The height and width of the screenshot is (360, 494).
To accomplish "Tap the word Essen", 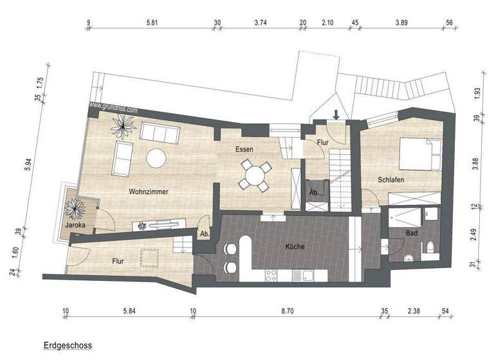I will pyautogui.click(x=244, y=149).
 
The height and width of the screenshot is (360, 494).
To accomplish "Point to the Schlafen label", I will pyautogui.click(x=390, y=180).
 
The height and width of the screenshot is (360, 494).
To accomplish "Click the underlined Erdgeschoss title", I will pyautogui.click(x=68, y=345).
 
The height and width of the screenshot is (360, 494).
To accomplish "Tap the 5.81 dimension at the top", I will pyautogui.click(x=152, y=22).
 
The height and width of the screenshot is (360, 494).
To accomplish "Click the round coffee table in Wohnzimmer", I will pyautogui.click(x=156, y=157).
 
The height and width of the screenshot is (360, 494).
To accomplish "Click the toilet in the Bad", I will pyautogui.click(x=429, y=247).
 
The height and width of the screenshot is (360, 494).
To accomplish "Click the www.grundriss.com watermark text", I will pyautogui.click(x=113, y=106).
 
